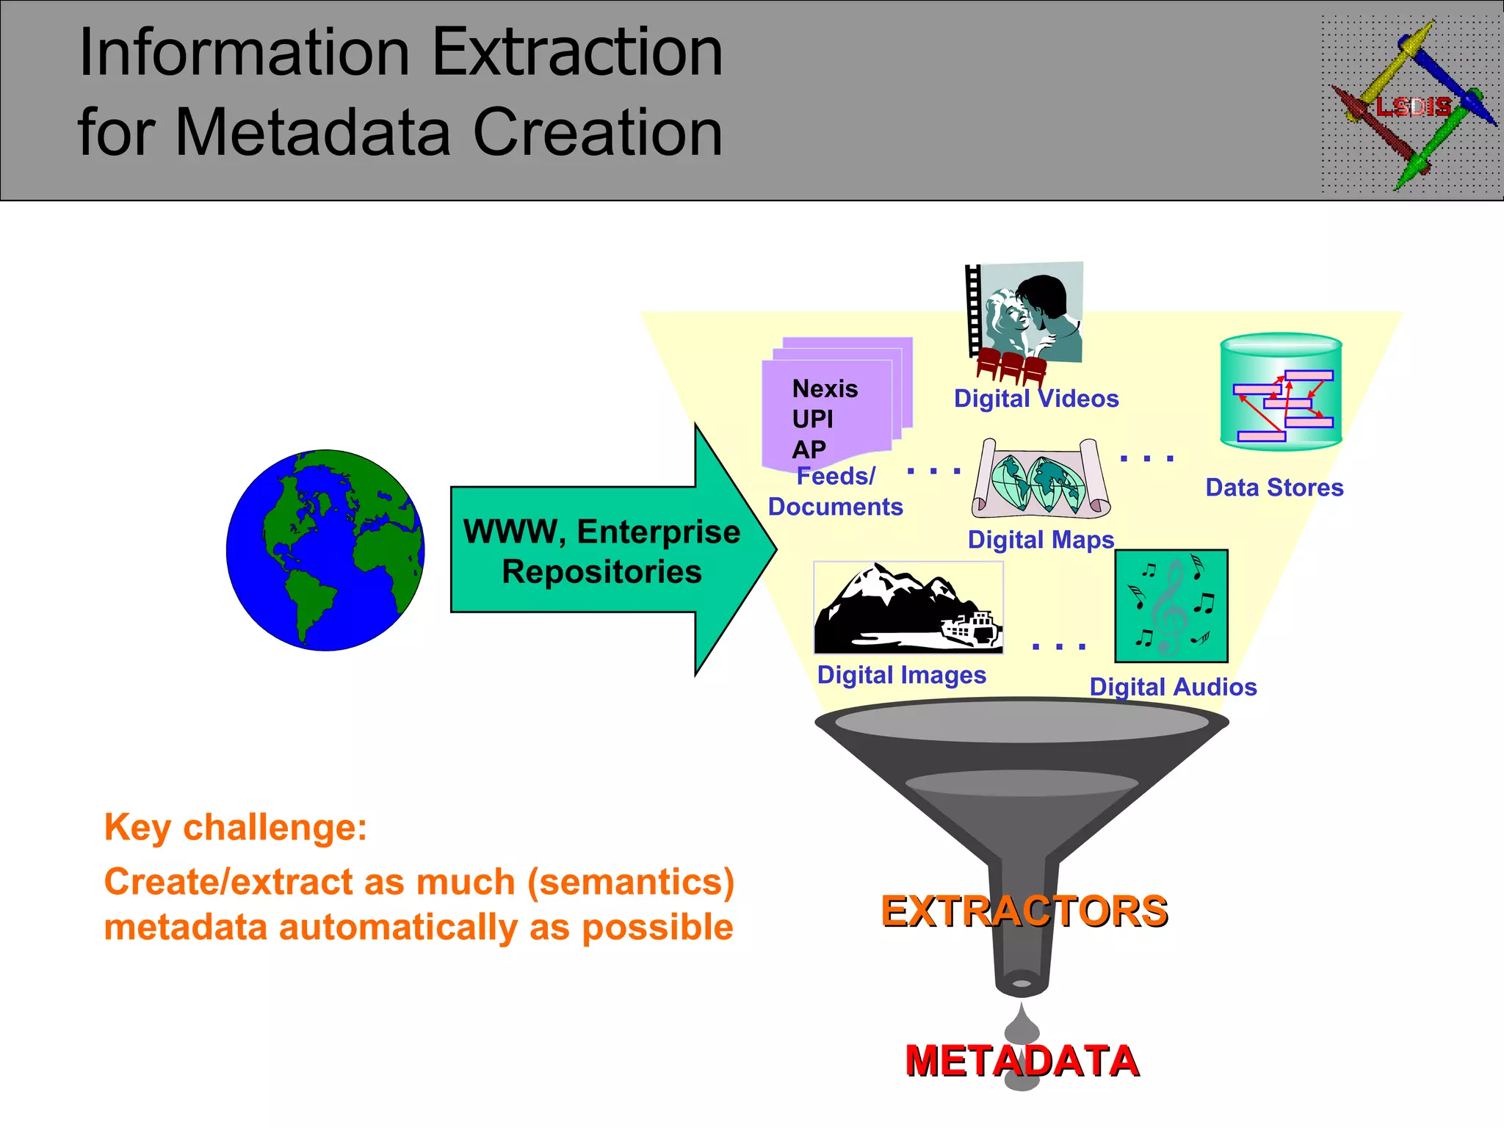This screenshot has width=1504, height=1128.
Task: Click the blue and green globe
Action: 325,550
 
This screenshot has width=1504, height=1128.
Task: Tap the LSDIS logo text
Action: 1413,107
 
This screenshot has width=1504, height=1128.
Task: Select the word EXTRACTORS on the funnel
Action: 1024,911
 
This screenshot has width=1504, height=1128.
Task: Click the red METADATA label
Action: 1022,1061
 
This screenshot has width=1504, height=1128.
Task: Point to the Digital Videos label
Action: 1036,399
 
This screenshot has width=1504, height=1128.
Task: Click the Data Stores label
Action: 1274,488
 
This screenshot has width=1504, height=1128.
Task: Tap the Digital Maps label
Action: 1041,540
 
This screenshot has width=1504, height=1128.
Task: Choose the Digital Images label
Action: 901,675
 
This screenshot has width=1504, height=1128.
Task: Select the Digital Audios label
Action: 1173,687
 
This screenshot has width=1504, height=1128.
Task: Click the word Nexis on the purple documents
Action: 825,388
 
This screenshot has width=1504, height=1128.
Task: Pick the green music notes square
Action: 1171,606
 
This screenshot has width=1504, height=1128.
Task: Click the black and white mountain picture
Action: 908,608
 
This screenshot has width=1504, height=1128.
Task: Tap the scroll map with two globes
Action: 1041,478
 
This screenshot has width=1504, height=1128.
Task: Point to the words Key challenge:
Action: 236,828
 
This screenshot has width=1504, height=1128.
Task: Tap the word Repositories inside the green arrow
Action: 601,572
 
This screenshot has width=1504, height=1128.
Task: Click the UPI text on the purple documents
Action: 812,419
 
